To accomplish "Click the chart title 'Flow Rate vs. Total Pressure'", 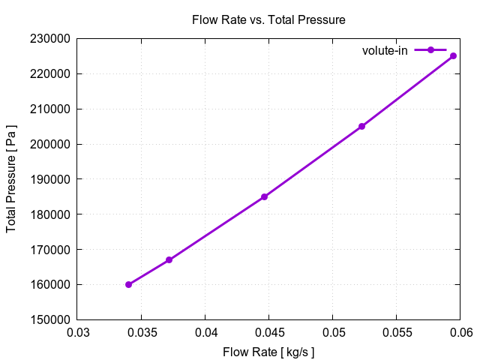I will pos(268,20).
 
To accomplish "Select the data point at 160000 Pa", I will pos(128,284).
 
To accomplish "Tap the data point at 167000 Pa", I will pos(169,259).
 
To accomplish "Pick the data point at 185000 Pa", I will pos(264,196).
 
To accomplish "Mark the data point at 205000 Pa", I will pos(361,126).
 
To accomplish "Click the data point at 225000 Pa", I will pos(453,55).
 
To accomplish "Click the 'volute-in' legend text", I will pos(385,50).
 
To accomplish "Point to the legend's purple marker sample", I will pos(430,50).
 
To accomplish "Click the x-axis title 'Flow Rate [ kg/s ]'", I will pos(268,351).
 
